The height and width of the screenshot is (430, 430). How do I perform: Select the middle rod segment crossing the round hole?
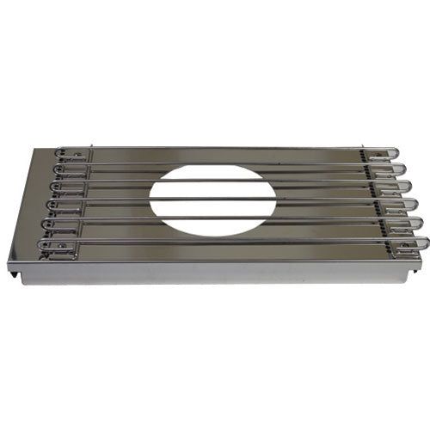click(212, 200)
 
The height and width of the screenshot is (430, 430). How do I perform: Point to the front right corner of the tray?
click(419, 263)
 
